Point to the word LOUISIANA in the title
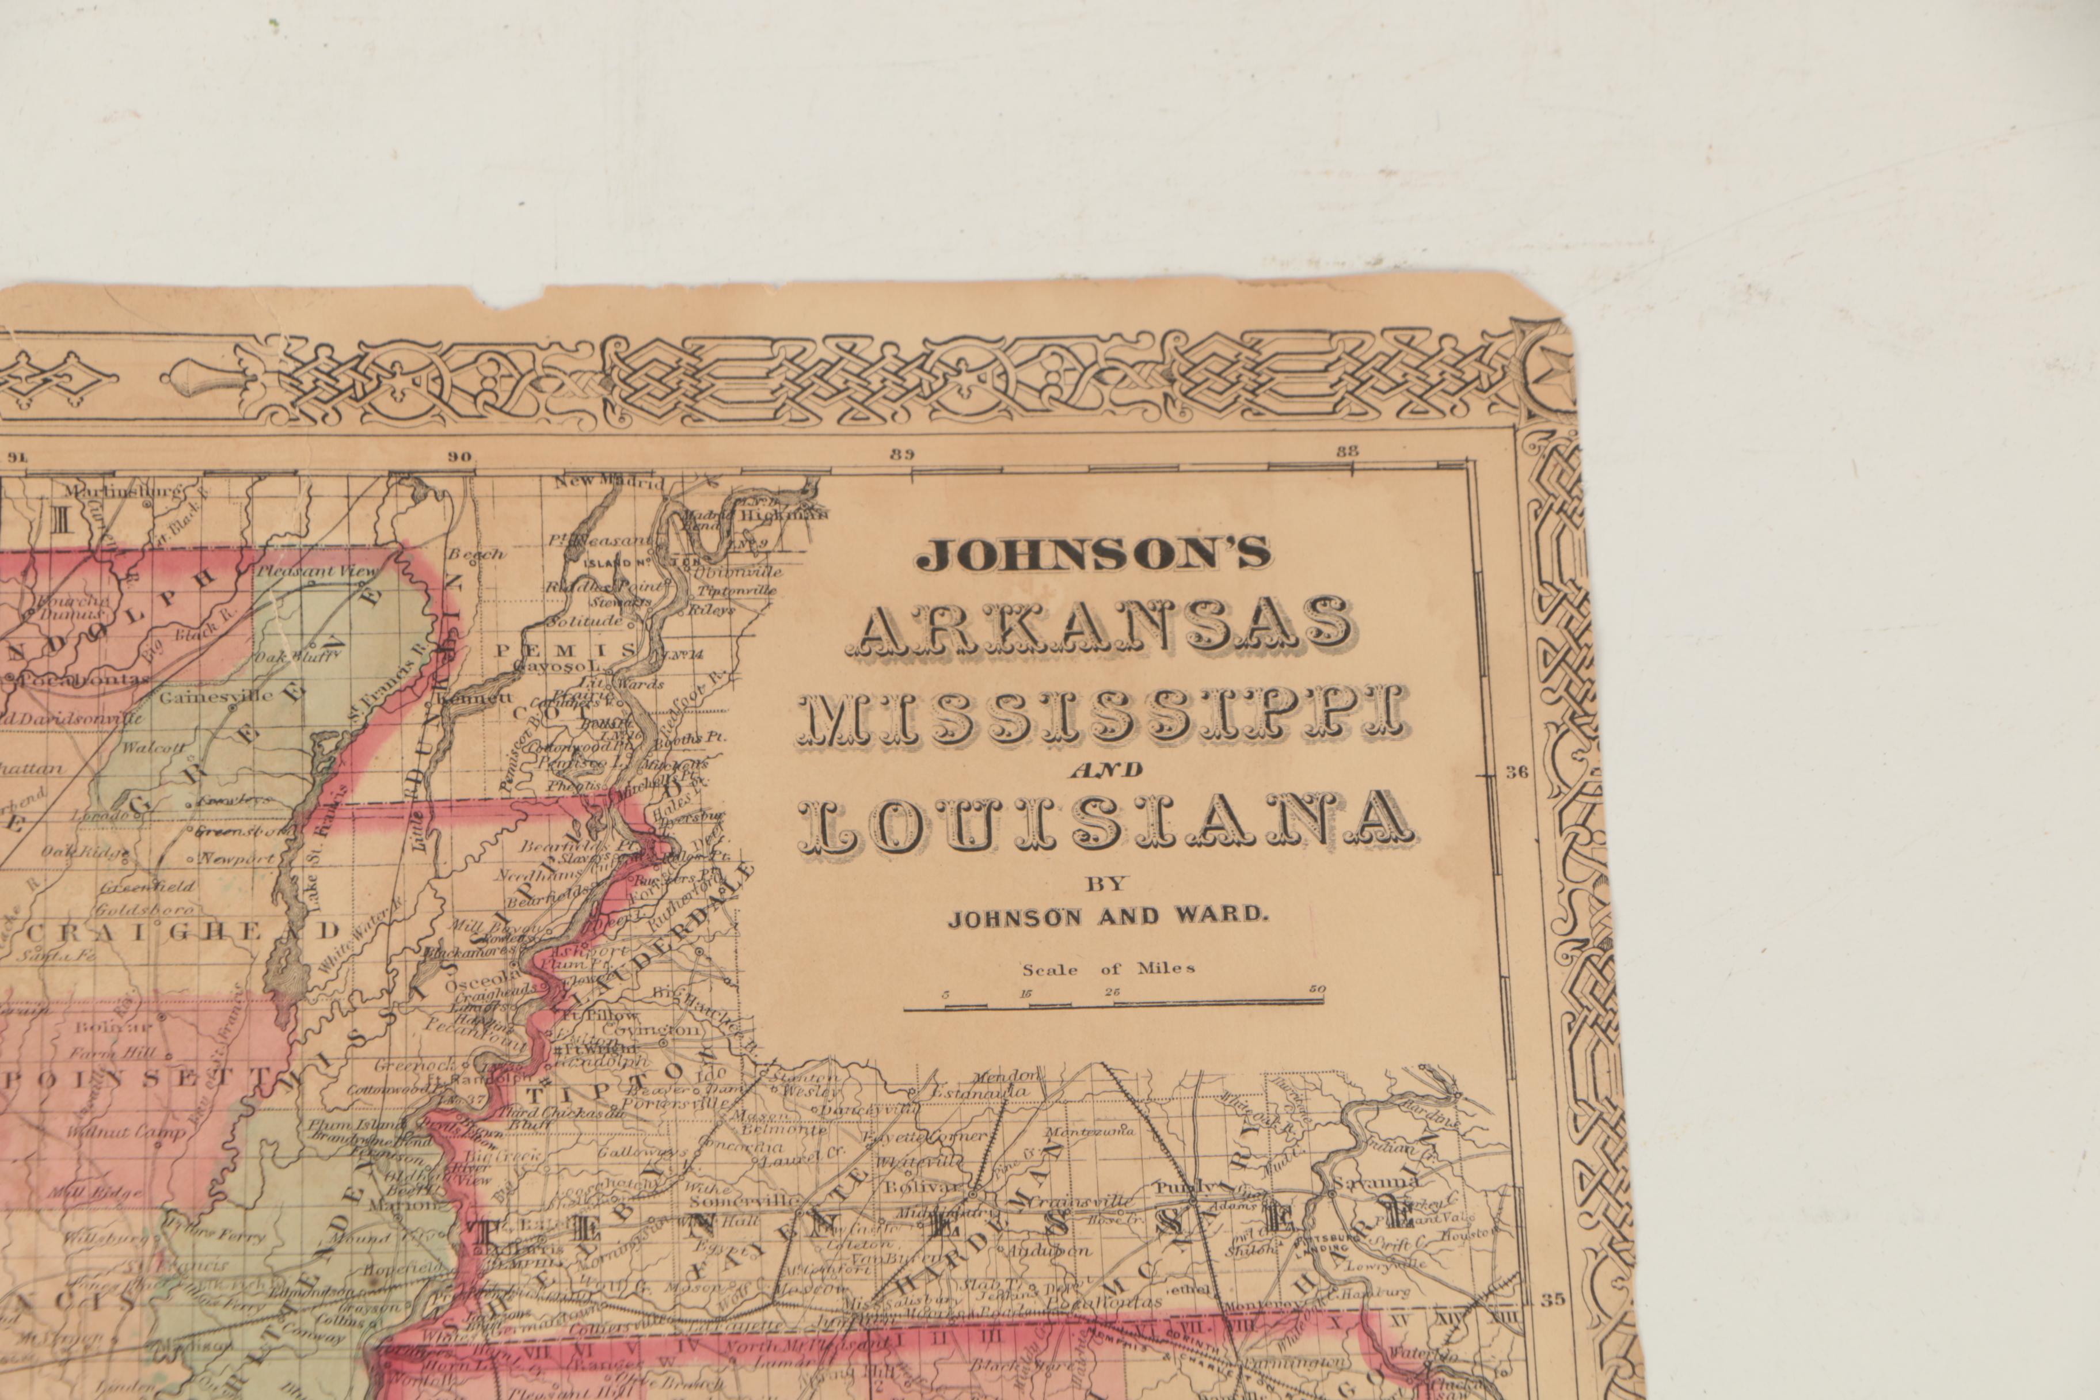click(x=1106, y=822)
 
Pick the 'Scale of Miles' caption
click(x=1108, y=968)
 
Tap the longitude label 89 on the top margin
click(x=902, y=454)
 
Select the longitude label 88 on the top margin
click(x=1346, y=450)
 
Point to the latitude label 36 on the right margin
click(x=1516, y=773)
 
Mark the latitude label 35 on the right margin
click(x=1552, y=1324)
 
